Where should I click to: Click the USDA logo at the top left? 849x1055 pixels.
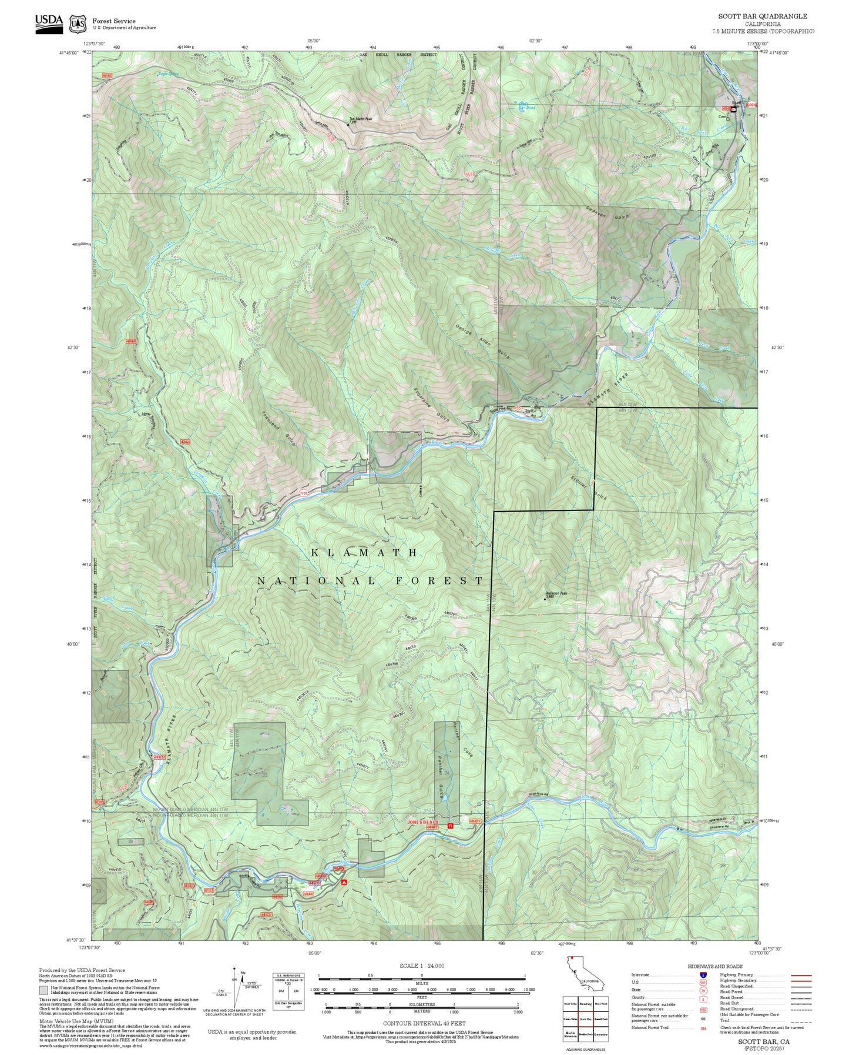coord(49,23)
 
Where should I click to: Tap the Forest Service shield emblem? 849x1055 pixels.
coord(78,24)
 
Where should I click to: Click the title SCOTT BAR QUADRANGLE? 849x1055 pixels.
coord(763,16)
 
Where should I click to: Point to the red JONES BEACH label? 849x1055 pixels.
coord(423,822)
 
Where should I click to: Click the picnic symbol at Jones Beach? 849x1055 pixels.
coord(451,826)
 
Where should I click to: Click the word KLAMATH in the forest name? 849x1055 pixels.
coord(364,553)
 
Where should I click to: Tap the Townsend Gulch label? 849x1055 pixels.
coord(278,428)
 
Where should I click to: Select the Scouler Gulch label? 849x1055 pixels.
coord(588,482)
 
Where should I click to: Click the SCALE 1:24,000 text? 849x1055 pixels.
coord(421,966)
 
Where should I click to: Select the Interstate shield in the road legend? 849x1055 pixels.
coord(703,975)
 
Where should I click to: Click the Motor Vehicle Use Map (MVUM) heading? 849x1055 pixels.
coord(76,1021)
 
